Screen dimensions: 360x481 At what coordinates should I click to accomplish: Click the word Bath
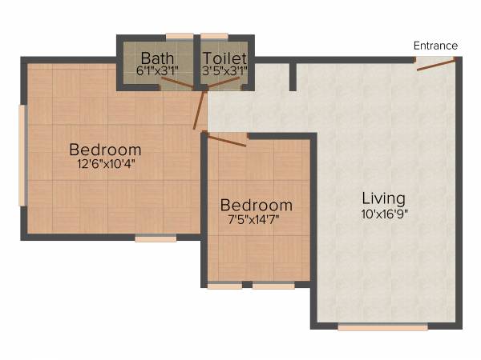point(156,58)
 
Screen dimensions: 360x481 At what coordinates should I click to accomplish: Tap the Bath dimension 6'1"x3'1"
point(158,71)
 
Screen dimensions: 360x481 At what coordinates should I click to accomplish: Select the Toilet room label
point(224,58)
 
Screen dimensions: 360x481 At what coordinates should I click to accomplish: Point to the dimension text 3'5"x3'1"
point(224,71)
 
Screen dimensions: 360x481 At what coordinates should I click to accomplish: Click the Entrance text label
point(435,46)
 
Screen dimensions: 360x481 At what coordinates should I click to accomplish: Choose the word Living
point(383,198)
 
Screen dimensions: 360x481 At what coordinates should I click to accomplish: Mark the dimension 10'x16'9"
point(383,214)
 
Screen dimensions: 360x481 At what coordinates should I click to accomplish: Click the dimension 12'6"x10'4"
point(105,165)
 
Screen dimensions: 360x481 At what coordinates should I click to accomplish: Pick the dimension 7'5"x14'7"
point(256,219)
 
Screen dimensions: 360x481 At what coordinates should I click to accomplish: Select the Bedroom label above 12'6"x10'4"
point(105,150)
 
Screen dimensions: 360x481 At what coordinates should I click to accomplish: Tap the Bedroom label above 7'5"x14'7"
point(256,205)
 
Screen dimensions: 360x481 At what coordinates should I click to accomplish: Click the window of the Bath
point(179,36)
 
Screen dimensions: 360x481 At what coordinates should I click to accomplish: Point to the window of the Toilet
point(214,36)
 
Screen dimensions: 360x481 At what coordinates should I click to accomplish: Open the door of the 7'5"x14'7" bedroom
point(226,141)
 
